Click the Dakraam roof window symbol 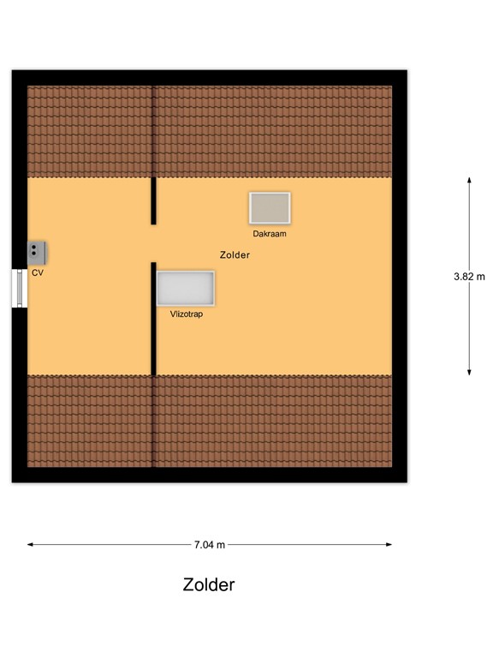tap(270, 208)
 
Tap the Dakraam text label tap(269, 233)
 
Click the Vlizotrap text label tap(186, 314)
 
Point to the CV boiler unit tap(36, 252)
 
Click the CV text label tap(37, 272)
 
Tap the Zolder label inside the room tap(235, 254)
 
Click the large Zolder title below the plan tap(208, 585)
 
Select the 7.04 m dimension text tap(210, 544)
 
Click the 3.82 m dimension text tap(469, 276)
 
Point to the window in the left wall tap(19, 288)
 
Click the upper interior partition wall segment tap(154, 200)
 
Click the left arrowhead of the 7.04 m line tap(31, 544)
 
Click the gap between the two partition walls tap(154, 243)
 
